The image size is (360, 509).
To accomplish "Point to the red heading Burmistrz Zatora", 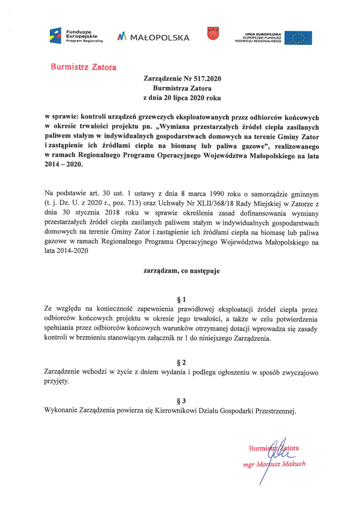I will [84, 67].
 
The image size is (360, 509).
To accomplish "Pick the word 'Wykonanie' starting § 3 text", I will [60, 411].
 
